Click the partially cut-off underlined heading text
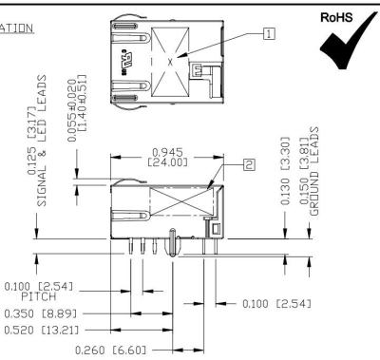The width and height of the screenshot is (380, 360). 18,28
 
